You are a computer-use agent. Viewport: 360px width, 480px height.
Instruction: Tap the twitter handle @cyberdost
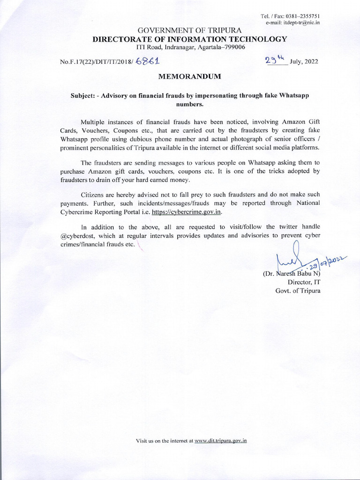pos(77,236)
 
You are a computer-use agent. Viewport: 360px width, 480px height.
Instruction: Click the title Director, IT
pos(303,282)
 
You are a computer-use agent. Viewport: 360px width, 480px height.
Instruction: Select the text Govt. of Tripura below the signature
pos(297,290)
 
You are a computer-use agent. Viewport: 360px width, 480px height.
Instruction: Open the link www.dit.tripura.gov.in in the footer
pos(220,441)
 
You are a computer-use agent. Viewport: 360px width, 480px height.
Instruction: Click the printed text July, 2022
pos(304,61)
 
